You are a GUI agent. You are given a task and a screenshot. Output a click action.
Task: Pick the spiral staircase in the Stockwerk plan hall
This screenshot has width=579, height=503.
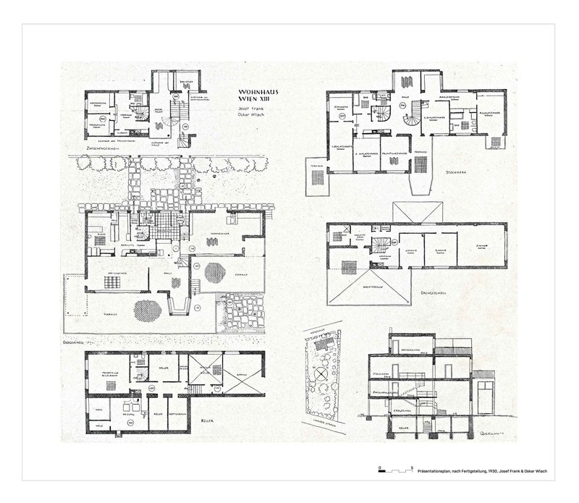[x=412, y=117]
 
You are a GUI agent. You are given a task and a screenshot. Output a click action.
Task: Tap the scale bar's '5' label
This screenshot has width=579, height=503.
[x=411, y=470]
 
